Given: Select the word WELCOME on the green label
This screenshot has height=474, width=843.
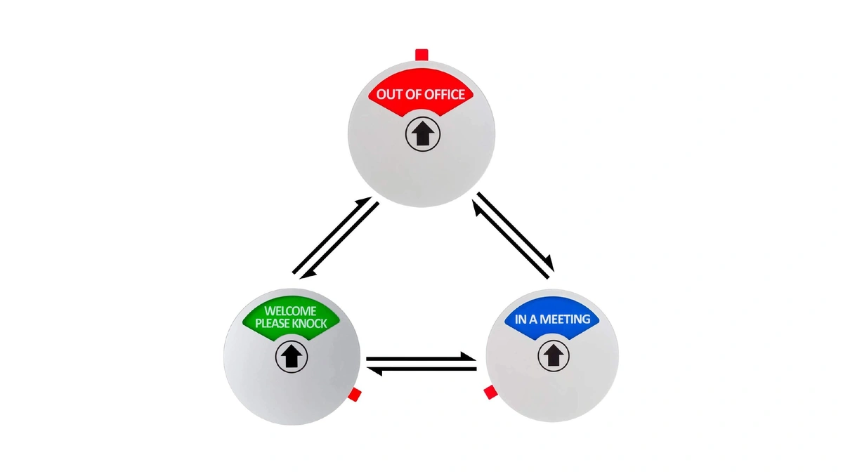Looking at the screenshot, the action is click(290, 311).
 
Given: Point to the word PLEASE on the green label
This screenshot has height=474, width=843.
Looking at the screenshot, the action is click(272, 324).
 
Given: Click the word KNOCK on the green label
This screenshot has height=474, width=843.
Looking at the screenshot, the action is click(309, 324).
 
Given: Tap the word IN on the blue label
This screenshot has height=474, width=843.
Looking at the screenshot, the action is click(521, 319).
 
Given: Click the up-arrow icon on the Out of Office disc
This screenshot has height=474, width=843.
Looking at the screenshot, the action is click(422, 134).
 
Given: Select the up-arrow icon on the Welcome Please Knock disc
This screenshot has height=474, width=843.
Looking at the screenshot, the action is click(292, 356).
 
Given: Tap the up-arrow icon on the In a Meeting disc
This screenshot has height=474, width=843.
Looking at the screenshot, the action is click(554, 355).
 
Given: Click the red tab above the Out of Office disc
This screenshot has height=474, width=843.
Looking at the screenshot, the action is click(421, 55).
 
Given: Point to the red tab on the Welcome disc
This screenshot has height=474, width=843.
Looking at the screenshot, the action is click(355, 395).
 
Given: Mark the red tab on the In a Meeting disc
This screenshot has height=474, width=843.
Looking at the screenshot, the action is click(491, 393).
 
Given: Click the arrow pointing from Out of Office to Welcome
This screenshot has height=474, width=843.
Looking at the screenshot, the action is click(339, 241).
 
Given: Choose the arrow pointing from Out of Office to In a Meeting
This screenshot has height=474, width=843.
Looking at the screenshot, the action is click(516, 231).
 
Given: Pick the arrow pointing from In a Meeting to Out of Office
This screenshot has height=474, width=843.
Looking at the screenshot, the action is click(510, 239).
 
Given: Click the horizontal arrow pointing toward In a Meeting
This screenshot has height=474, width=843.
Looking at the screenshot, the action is click(421, 357).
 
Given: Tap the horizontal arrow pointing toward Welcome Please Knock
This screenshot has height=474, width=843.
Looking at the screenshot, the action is click(421, 369).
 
